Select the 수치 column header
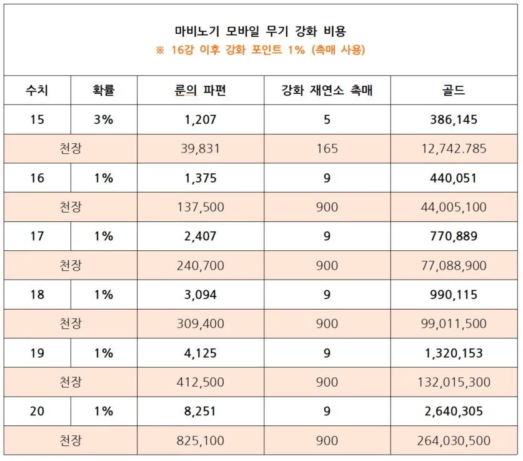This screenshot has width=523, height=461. (x=37, y=90)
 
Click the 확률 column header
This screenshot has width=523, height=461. (x=104, y=90)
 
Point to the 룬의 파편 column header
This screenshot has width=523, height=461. (x=201, y=90)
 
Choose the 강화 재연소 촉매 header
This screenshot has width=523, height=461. (x=327, y=90)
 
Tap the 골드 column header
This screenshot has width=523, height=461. (x=454, y=90)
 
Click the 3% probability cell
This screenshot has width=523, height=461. (x=104, y=119)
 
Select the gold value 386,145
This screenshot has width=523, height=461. (x=454, y=119)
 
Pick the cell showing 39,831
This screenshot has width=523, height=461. (x=201, y=149)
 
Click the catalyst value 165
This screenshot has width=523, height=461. (x=327, y=149)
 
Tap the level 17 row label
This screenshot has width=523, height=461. (x=37, y=236)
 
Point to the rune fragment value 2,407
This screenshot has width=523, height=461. (x=201, y=236)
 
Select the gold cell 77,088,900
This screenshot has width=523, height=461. (x=454, y=266)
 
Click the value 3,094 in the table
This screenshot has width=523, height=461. (x=201, y=295)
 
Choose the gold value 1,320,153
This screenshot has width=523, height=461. (x=454, y=353)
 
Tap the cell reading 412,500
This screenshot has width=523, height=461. (x=201, y=382)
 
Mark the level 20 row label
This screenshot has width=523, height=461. (x=37, y=412)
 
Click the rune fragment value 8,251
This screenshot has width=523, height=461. (x=201, y=412)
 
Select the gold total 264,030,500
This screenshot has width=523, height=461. (x=454, y=441)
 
